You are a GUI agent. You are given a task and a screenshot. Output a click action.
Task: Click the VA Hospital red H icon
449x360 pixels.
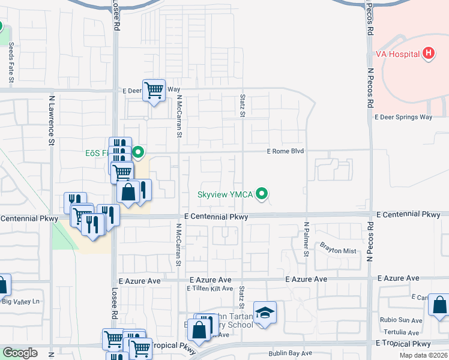click(428, 54)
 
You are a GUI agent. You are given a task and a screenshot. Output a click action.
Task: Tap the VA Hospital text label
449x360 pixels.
click(402, 54)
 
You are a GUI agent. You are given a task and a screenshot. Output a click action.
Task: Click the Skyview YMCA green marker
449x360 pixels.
click(261, 194)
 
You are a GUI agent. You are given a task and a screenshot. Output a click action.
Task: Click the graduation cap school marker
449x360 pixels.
click(265, 313)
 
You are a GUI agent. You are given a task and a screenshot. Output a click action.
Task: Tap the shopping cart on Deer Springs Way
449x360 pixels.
click(154, 91)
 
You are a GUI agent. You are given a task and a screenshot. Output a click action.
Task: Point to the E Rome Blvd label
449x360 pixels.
click(287, 152)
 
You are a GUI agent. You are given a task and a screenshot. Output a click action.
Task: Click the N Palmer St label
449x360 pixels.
click(306, 239)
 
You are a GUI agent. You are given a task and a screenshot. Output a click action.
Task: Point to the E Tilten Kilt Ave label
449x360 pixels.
click(209, 289)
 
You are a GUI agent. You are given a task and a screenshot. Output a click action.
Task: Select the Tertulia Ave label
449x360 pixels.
click(402, 332)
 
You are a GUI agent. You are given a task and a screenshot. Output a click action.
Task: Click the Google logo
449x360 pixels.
click(20, 353)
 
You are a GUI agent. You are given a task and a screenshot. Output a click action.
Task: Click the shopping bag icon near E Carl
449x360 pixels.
click(439, 305)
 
